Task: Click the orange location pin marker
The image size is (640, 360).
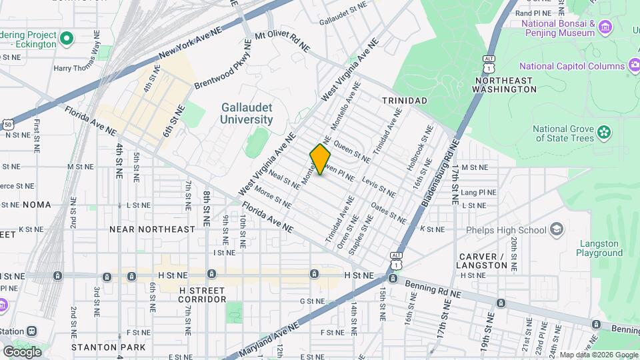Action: click(320, 159)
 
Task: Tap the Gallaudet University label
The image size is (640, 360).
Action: click(247, 113)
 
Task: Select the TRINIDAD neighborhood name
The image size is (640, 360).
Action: click(404, 100)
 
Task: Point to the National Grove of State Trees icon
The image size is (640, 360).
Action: click(604, 131)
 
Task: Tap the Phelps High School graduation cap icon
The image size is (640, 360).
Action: click(555, 230)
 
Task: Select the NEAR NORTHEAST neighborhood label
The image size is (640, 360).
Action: click(153, 229)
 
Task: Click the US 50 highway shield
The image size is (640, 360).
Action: click(8, 124)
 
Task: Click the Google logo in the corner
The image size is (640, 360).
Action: click(22, 352)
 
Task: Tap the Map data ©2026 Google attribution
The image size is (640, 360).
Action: click(599, 355)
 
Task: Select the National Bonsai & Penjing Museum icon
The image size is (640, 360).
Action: click(605, 27)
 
